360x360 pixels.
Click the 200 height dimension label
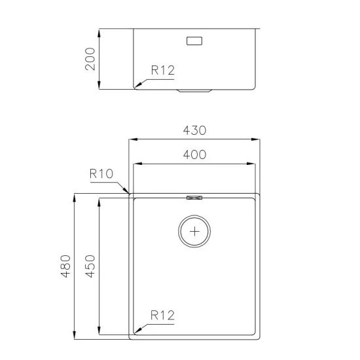(90, 59)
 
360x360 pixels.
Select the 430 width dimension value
(194, 130)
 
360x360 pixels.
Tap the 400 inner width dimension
(194, 155)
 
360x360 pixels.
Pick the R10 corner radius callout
(101, 174)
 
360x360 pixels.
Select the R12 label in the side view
(163, 71)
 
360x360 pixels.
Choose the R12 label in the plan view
(162, 315)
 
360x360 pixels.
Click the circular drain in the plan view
(195, 231)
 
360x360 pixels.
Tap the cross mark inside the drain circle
(195, 231)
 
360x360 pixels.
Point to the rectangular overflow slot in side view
(195, 41)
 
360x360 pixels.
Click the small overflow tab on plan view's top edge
(194, 196)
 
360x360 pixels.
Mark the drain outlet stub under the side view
(194, 91)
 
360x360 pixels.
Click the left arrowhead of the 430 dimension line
(130, 139)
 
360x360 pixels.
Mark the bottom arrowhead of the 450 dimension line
(99, 333)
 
